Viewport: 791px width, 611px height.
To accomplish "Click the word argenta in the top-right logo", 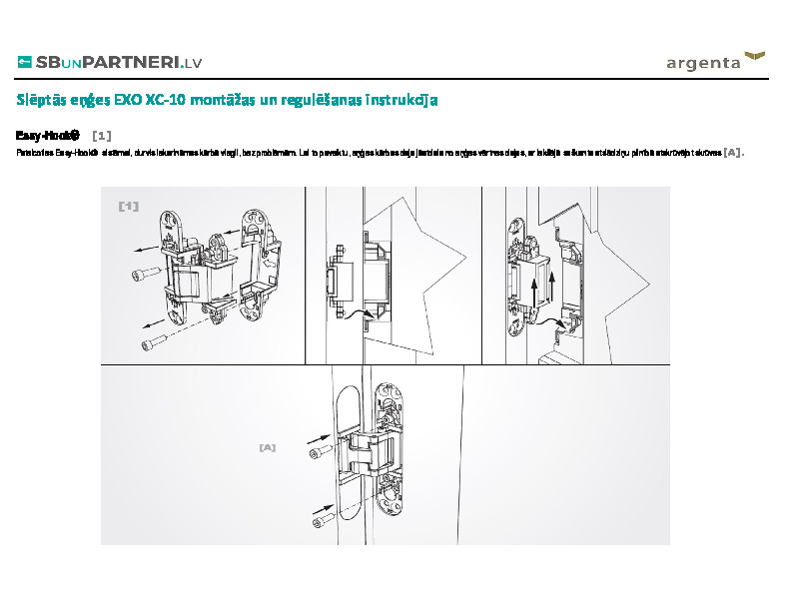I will [x=703, y=64].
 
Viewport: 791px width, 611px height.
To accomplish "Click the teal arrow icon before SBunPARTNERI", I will [x=25, y=62].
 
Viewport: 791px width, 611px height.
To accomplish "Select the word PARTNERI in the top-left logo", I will [x=132, y=62].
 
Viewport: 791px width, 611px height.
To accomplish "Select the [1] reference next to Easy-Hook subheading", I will [x=101, y=134].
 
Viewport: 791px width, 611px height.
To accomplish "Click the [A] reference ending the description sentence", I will [x=733, y=153].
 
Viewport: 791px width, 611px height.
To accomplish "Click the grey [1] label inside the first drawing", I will [x=128, y=206].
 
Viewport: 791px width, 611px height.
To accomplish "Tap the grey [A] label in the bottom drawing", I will [x=267, y=447].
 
